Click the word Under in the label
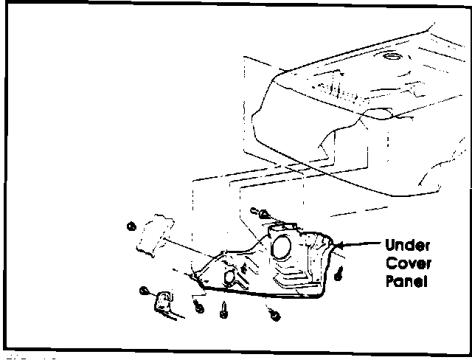click(x=406, y=246)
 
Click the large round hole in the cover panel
click(x=280, y=246)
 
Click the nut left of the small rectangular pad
click(x=132, y=226)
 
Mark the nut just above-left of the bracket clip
click(x=145, y=291)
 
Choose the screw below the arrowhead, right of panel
click(x=339, y=274)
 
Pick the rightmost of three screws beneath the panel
click(x=274, y=316)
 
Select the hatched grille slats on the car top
click(x=340, y=89)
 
